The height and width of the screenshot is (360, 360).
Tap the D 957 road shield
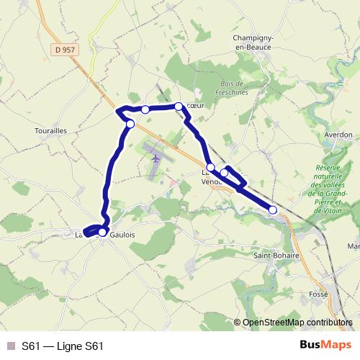coord(65,49)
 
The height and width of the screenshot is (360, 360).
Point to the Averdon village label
coord(338,135)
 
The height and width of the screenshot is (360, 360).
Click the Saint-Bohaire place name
coord(276,255)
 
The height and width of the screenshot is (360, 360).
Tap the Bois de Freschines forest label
coord(233,89)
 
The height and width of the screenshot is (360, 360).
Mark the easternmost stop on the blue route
coord(273,210)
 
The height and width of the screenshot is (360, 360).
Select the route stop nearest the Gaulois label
coord(102,232)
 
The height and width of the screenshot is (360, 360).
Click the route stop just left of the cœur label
coord(179,107)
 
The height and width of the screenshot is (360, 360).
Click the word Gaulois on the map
coord(122,235)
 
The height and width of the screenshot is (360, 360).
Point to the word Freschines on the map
coord(233,93)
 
